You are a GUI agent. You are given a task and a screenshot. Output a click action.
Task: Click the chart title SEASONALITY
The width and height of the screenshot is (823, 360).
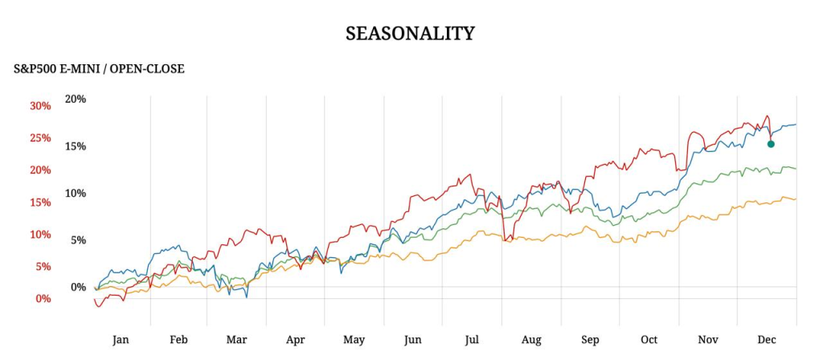click(410, 34)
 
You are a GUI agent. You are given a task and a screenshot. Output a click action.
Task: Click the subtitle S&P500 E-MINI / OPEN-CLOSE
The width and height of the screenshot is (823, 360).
click(99, 69)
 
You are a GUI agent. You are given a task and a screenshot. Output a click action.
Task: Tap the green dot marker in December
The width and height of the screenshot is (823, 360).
click(771, 144)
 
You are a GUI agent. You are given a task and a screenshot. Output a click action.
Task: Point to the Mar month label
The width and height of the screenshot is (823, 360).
click(236, 340)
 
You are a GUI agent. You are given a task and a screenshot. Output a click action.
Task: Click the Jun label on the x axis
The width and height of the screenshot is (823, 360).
click(413, 340)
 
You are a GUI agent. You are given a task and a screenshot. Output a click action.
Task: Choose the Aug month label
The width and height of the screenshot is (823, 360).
click(531, 340)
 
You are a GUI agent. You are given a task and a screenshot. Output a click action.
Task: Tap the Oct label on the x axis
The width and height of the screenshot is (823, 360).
click(649, 340)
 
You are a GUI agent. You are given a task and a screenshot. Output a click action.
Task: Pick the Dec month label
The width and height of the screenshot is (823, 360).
click(767, 340)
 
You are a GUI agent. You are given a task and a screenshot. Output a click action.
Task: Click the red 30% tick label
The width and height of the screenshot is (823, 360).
click(40, 106)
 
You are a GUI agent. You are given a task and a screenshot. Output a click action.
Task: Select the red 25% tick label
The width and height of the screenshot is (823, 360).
click(40, 138)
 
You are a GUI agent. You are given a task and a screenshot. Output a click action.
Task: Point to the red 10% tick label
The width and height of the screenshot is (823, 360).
click(40, 235)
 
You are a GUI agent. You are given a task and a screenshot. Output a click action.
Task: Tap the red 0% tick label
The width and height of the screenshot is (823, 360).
click(43, 299)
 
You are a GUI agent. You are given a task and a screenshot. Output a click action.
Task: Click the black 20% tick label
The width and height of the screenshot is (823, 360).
click(76, 99)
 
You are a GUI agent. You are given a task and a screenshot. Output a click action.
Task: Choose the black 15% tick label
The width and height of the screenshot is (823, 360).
click(76, 146)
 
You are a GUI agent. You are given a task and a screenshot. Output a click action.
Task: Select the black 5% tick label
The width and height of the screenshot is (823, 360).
click(79, 239)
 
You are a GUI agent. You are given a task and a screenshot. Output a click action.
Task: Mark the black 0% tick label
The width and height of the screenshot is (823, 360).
click(79, 287)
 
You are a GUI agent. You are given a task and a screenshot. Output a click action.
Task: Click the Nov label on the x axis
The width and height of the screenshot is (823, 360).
click(708, 340)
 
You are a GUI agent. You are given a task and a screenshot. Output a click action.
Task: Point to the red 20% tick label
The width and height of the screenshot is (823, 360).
click(40, 170)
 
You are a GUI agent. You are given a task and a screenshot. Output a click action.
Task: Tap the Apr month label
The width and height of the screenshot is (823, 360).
click(296, 340)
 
